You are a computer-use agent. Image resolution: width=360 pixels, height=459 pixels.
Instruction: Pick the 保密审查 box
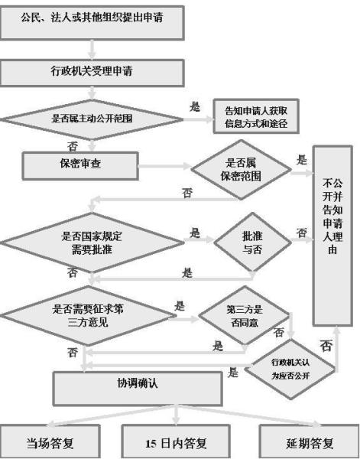click(80, 162)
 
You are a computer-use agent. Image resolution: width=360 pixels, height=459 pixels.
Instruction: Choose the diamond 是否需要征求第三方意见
click(86, 314)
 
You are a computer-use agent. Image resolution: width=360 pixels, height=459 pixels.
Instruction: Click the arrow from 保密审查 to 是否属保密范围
click(164, 164)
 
